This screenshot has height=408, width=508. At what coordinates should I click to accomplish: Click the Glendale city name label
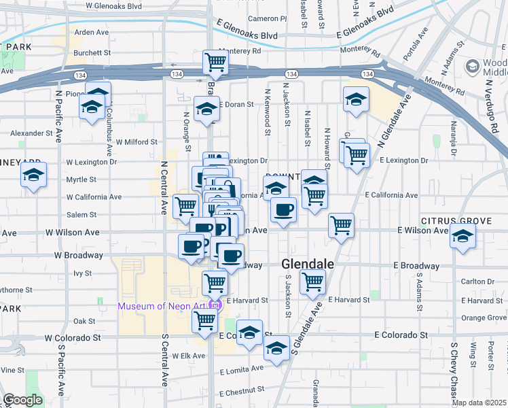(x=308, y=263)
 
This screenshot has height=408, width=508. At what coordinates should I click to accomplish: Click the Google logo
(x=22, y=400)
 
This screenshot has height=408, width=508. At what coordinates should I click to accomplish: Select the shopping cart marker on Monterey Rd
(x=215, y=62)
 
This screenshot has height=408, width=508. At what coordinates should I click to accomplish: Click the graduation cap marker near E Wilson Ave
(x=463, y=237)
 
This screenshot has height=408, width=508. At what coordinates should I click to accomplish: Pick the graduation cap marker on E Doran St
(x=206, y=109)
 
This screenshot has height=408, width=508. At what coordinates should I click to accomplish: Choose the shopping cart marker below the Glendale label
(x=312, y=281)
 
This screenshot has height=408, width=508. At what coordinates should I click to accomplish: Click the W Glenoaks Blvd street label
(x=114, y=5)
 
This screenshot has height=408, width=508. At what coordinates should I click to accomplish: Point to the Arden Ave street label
(x=92, y=32)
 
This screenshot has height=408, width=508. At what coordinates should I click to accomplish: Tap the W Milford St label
(x=137, y=142)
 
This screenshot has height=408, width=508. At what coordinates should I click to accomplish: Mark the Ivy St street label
(x=82, y=273)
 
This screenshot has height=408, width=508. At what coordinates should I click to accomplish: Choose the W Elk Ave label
(x=188, y=356)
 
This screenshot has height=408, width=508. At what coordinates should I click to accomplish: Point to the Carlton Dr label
(x=477, y=281)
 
